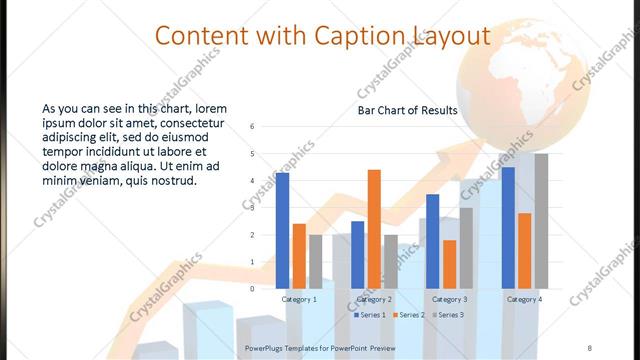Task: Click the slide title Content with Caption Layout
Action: point(322,37)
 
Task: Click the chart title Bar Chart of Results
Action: point(408,110)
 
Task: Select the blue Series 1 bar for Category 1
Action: point(282,230)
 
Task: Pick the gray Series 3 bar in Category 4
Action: point(541,221)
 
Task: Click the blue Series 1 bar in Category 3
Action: point(432,241)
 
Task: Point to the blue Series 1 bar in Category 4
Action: point(508,227)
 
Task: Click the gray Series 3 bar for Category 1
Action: point(315,261)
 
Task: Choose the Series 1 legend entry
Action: point(371,315)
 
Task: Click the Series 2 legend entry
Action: point(410,315)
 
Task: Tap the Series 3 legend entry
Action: point(449,315)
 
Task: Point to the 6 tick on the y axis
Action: point(253,127)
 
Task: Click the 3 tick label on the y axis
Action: point(253,208)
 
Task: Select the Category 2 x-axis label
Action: point(374,299)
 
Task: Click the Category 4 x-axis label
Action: point(524,299)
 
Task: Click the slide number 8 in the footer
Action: point(589,347)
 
